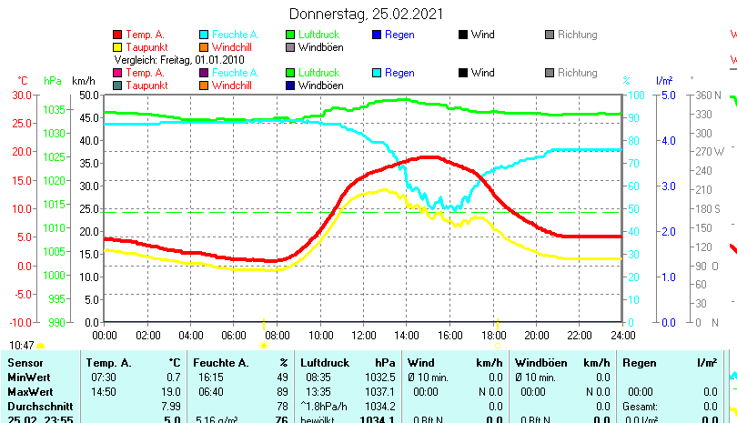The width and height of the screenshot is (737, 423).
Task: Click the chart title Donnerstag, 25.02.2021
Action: coord(367,14)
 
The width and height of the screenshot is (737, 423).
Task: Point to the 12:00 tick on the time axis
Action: coord(363,335)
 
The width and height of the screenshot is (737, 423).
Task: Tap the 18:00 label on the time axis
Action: coord(493,335)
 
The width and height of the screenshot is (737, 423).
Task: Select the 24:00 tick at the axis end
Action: coord(622,335)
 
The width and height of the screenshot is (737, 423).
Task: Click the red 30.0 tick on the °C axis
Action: coord(20,95)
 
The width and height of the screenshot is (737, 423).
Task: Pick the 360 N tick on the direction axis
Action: coord(707,95)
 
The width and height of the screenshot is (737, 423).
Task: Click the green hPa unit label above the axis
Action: coord(53,80)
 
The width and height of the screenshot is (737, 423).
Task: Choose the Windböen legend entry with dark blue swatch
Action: coord(320,86)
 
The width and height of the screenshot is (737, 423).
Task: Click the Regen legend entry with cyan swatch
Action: coord(399,73)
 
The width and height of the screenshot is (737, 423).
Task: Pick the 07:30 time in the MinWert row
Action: coord(103,377)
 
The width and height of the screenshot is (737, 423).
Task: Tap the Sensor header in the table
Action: coord(25,363)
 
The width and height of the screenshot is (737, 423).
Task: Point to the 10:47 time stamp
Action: coord(22,346)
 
